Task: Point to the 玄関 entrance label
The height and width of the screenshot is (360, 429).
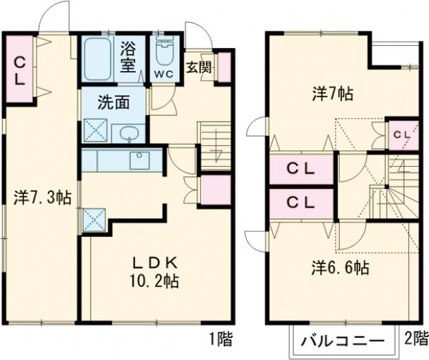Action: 199,68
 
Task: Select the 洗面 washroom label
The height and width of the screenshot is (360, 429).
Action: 115,102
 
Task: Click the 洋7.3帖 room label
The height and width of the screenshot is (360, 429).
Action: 41,198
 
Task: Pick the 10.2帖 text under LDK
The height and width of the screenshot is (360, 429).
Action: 152,281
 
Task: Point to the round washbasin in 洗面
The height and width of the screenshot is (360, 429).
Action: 129,133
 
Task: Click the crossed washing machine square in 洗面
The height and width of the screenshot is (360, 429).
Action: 95,132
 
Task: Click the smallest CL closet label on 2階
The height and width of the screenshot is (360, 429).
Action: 401,134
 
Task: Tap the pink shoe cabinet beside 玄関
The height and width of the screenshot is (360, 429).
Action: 225,67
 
